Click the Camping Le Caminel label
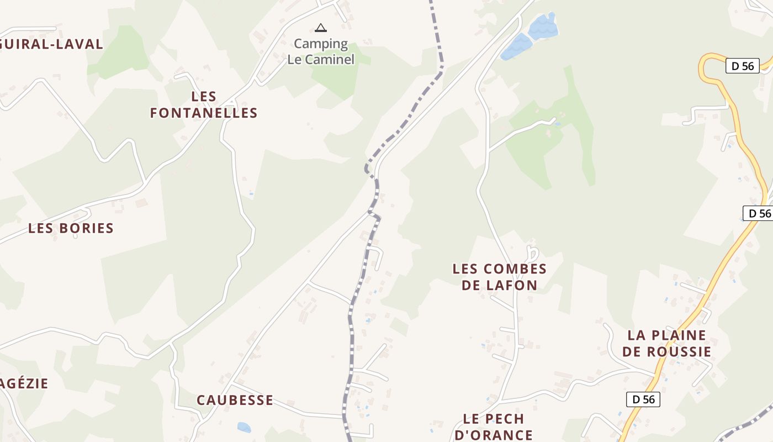tap(321, 51)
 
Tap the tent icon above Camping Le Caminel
tap(320, 28)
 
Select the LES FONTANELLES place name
tap(204, 105)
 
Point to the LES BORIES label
tap(71, 228)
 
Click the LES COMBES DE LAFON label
tap(500, 277)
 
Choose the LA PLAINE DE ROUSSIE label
tap(666, 343)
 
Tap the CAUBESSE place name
tap(235, 400)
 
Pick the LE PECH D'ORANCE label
tap(494, 427)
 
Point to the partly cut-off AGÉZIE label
tap(24, 383)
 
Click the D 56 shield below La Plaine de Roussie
tap(643, 399)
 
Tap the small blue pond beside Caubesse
tap(243, 427)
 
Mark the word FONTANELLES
tap(204, 113)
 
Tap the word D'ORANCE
tap(494, 435)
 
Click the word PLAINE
tap(679, 335)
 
